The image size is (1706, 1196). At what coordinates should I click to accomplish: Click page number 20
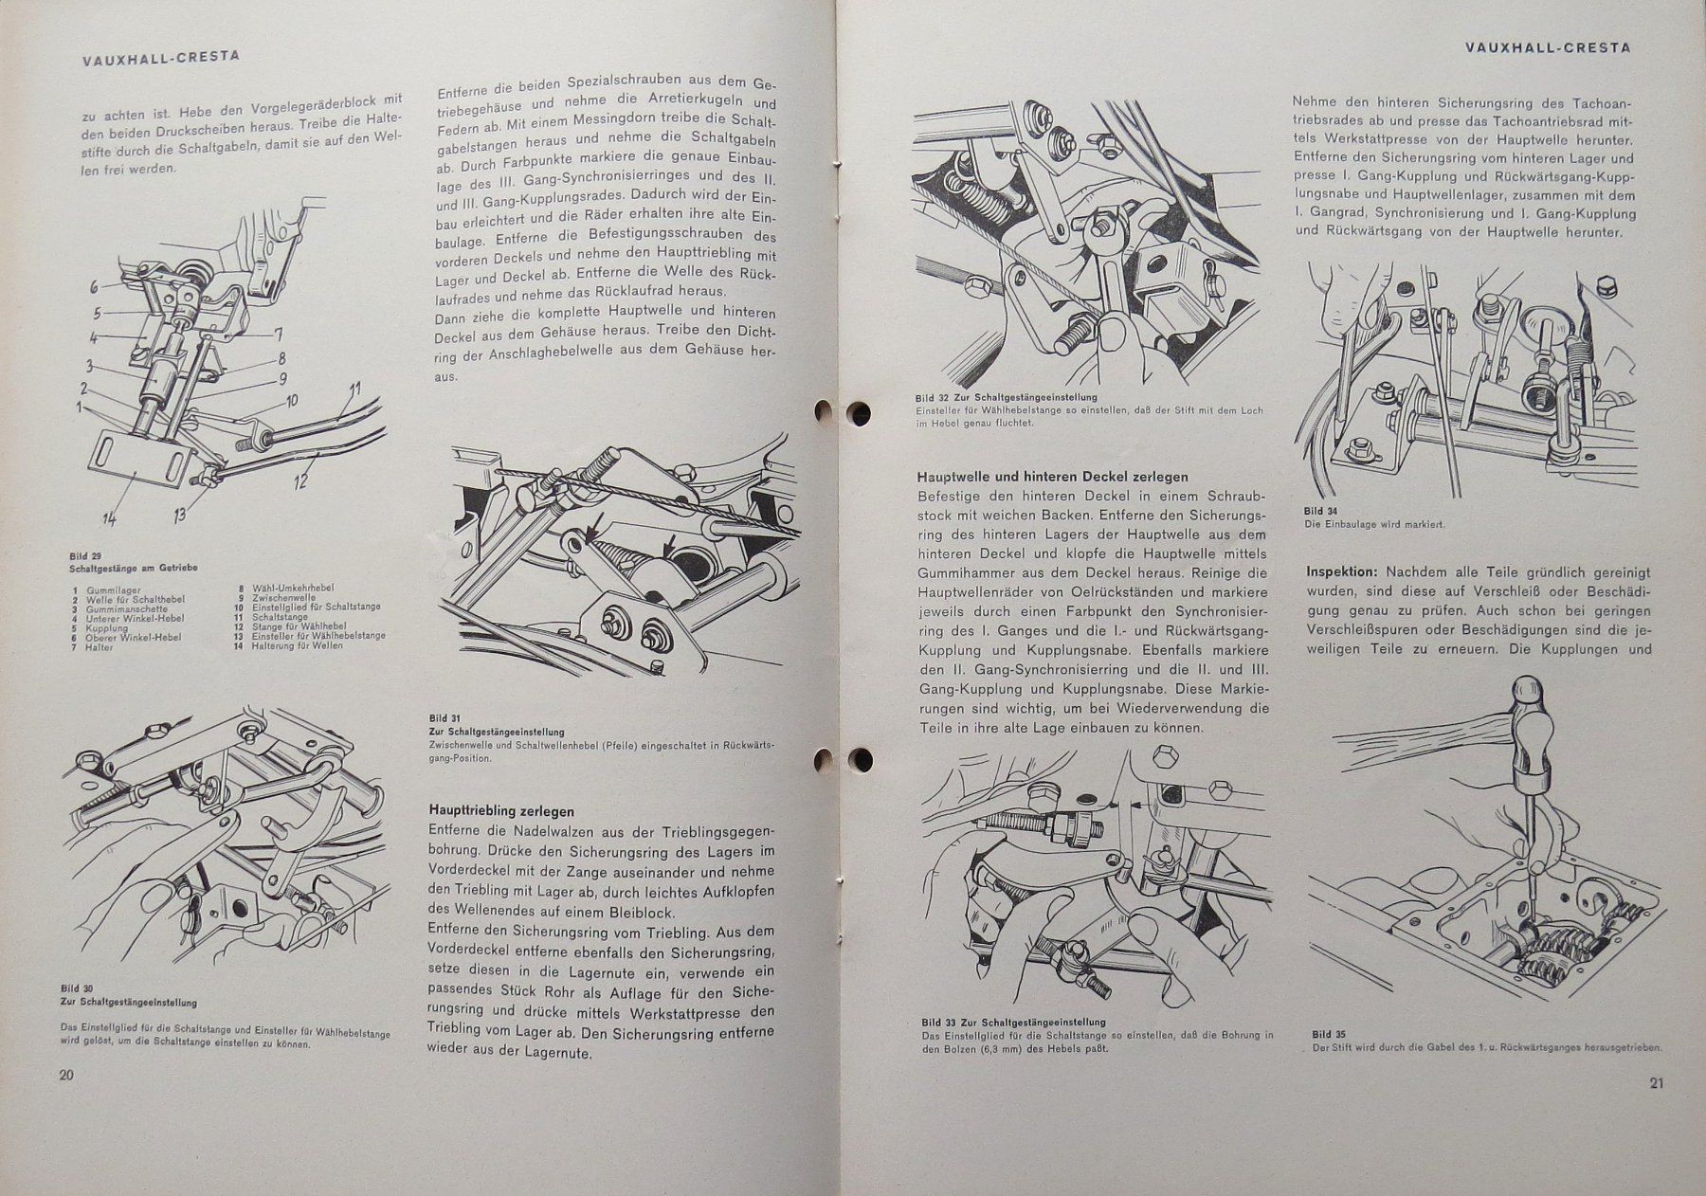coord(66,1075)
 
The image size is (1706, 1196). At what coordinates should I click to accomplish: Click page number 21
coord(1656,1084)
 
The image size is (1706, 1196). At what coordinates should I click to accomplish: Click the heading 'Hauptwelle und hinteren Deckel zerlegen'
coord(1052,477)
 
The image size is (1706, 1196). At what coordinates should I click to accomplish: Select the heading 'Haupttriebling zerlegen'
coord(501,811)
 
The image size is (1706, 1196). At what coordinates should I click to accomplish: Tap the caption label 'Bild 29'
coord(85,555)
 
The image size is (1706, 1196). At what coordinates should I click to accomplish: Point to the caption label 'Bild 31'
coord(438,718)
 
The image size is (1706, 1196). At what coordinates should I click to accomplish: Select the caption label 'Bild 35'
coord(1329,1034)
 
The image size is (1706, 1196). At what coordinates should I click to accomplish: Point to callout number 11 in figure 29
coord(354,390)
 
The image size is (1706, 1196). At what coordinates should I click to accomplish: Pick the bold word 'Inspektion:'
coord(1342,572)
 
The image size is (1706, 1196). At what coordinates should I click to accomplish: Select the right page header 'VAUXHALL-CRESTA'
coord(1547,46)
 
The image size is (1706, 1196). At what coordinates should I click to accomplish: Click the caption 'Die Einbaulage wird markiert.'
coord(1374,523)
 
